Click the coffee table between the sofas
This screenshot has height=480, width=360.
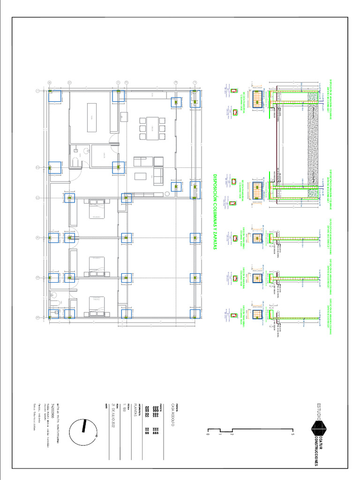[x=141, y=176]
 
